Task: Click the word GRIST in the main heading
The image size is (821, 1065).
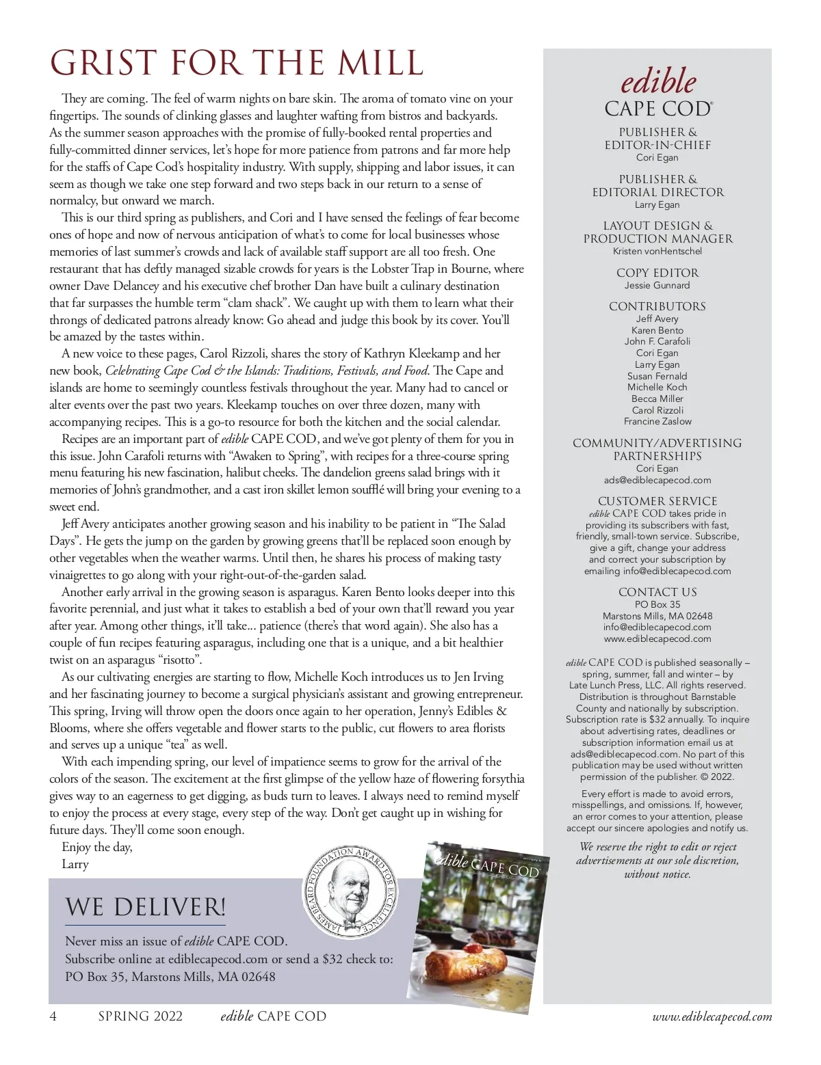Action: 103,64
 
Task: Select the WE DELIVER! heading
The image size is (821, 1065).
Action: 145,907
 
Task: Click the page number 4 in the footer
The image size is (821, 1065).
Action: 53,1016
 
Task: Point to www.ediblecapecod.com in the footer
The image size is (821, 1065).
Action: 712,1017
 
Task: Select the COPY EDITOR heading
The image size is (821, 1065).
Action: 657,273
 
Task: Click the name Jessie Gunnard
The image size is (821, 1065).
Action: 657,285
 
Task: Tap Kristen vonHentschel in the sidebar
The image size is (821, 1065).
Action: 657,251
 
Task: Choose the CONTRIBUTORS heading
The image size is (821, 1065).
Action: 657,306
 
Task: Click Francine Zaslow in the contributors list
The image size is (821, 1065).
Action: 657,421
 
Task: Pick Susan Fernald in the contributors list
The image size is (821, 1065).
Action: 657,376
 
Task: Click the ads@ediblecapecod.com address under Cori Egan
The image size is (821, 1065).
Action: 657,480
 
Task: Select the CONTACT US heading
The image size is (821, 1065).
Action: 657,592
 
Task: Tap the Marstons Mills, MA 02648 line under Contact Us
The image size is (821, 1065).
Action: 657,616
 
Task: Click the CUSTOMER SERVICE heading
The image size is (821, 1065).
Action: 657,501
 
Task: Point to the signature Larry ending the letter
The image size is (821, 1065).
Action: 75,864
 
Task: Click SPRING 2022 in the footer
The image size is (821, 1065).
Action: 140,1016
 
